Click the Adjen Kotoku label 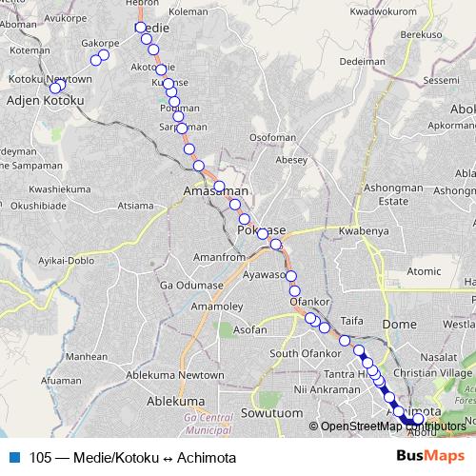(45, 99)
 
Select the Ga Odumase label (191, 285)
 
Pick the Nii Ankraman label (327, 389)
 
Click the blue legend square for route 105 (14, 458)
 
